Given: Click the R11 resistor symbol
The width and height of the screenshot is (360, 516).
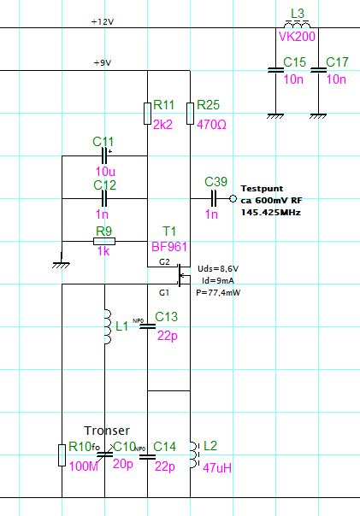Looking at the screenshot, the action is (147, 114).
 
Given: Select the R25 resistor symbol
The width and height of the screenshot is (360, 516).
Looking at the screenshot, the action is (190, 114).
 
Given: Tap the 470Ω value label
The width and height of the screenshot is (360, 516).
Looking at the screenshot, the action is (211, 125).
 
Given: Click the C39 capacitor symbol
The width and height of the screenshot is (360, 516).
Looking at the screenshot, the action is (214, 198).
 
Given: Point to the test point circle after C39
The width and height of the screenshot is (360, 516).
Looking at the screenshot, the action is (233, 198).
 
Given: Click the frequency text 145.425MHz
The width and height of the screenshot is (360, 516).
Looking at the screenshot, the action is (271, 212).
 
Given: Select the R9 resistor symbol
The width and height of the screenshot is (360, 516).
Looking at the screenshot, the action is (104, 241).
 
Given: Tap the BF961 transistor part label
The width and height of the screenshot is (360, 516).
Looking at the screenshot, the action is (169, 247).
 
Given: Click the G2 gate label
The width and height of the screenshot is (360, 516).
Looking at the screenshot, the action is (164, 262).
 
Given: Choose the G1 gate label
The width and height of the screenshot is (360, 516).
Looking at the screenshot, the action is (164, 292).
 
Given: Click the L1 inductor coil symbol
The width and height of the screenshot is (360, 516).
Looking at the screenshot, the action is (108, 326).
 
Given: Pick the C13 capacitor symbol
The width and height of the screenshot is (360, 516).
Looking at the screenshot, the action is (147, 326).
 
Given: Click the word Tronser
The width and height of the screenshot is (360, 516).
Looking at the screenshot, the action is (107, 431).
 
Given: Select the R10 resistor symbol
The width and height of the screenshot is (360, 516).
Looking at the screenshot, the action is (62, 455).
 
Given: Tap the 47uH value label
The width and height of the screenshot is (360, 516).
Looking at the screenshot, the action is (217, 467).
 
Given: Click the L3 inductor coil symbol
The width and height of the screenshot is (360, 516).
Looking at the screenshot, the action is (297, 25).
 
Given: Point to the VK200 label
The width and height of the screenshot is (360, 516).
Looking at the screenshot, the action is (297, 37).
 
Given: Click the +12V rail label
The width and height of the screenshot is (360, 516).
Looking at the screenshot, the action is (103, 21).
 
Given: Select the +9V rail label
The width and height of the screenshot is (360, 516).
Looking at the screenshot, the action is (103, 62).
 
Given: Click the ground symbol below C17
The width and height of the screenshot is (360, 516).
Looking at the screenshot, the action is (318, 116).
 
